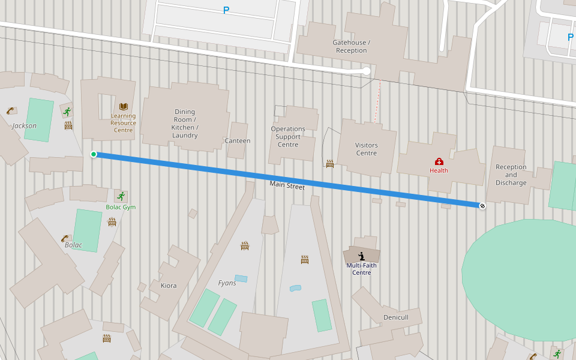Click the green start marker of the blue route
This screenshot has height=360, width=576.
(x=94, y=154)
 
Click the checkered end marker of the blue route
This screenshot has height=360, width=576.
(x=482, y=206)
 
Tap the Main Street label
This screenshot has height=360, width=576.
(x=287, y=186)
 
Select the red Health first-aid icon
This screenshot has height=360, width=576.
(x=439, y=161)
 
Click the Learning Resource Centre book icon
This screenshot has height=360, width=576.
(x=124, y=106)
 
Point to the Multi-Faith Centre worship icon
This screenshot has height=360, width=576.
(x=361, y=256)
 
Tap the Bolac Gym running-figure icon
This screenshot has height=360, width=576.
(x=121, y=196)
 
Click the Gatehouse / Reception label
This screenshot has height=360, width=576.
(x=352, y=46)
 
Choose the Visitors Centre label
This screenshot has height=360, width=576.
(x=367, y=149)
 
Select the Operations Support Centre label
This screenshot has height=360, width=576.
(x=288, y=137)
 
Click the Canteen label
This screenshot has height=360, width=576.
(x=238, y=141)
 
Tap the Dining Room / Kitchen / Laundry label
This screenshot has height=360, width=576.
(x=185, y=123)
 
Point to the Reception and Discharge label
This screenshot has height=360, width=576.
(x=511, y=175)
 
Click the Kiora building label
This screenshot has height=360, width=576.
(x=169, y=286)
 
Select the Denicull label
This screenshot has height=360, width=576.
(x=396, y=317)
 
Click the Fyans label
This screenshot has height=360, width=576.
(x=227, y=283)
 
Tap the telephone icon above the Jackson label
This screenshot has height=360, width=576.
(x=11, y=110)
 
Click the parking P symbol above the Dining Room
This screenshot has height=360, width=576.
(x=226, y=10)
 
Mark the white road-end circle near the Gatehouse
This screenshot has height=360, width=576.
(x=367, y=71)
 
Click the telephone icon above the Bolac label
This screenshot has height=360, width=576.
(x=65, y=238)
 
